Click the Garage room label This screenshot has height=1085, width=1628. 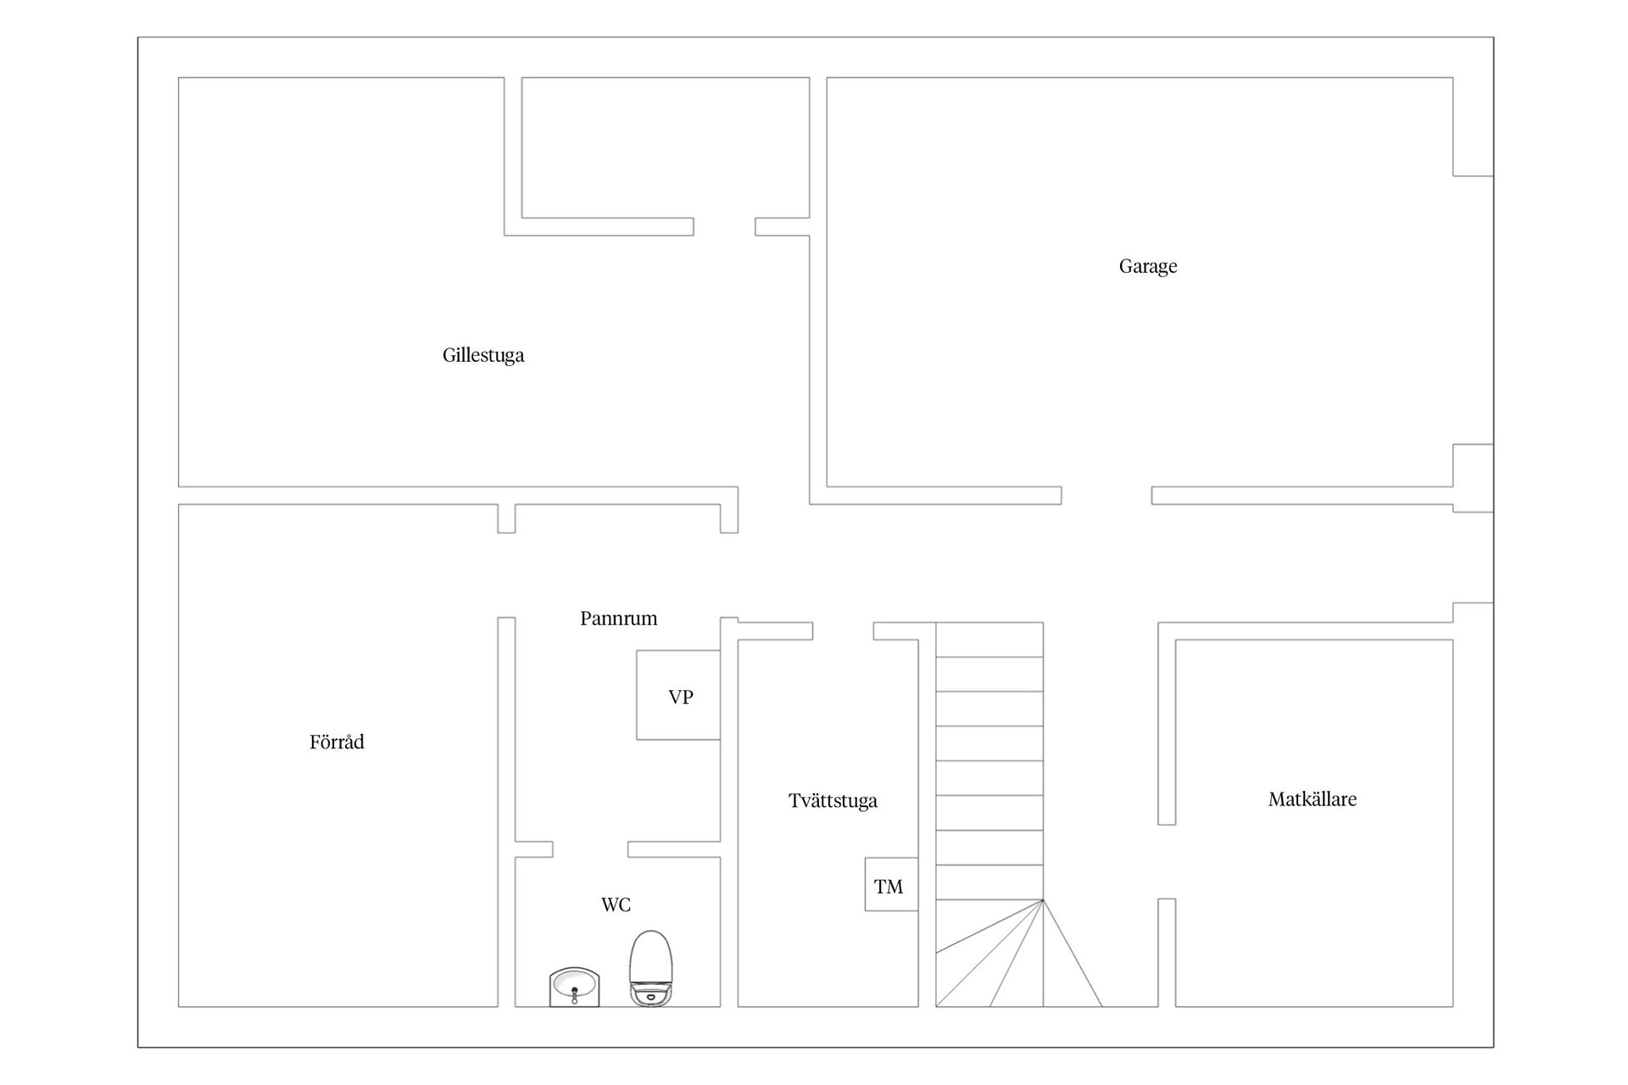[1148, 267]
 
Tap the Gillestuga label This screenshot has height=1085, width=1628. [483, 356]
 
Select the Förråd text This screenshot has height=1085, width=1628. [337, 742]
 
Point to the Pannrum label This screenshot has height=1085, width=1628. [619, 618]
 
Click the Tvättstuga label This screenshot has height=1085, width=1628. [833, 800]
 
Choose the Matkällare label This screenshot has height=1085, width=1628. [1313, 798]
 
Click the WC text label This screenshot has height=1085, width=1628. [616, 904]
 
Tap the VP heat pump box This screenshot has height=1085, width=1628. [678, 695]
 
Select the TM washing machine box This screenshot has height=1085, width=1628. [891, 884]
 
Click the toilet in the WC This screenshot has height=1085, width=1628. [650, 969]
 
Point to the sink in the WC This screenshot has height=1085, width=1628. [575, 987]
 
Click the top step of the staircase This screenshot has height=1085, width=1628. [990, 640]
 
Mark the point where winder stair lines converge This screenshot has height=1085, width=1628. [1043, 899]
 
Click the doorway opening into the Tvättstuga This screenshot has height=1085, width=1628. [843, 631]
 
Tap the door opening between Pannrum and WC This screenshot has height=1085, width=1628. [590, 849]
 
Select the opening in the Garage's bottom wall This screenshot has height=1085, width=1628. [1107, 496]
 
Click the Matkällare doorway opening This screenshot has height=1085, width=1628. [1167, 861]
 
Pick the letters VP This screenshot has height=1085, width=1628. [681, 697]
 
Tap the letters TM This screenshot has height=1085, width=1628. [889, 887]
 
